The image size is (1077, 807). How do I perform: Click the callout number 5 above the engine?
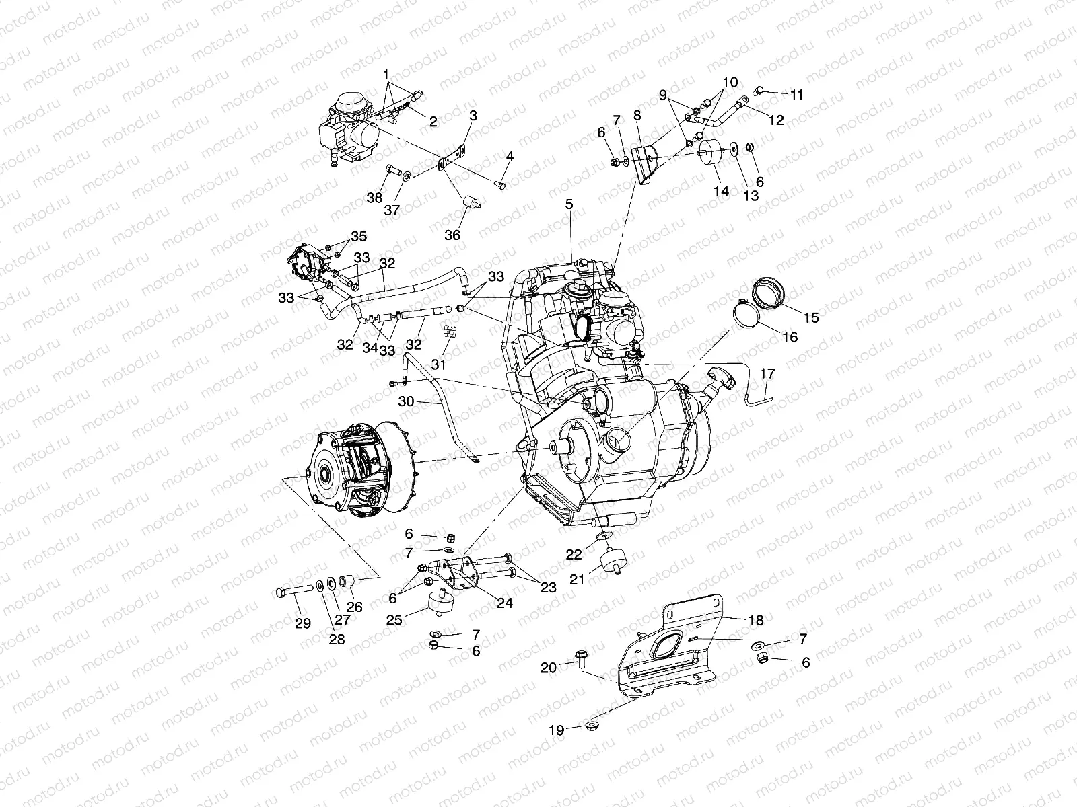click(569, 204)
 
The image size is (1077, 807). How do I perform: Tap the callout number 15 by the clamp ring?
click(811, 317)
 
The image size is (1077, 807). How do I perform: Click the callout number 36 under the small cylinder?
click(452, 235)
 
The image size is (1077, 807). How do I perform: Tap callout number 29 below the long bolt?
click(303, 623)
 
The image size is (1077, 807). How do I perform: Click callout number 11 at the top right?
click(796, 95)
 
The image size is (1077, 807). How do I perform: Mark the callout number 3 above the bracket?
click(473, 116)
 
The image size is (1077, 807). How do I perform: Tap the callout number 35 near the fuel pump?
click(359, 237)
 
